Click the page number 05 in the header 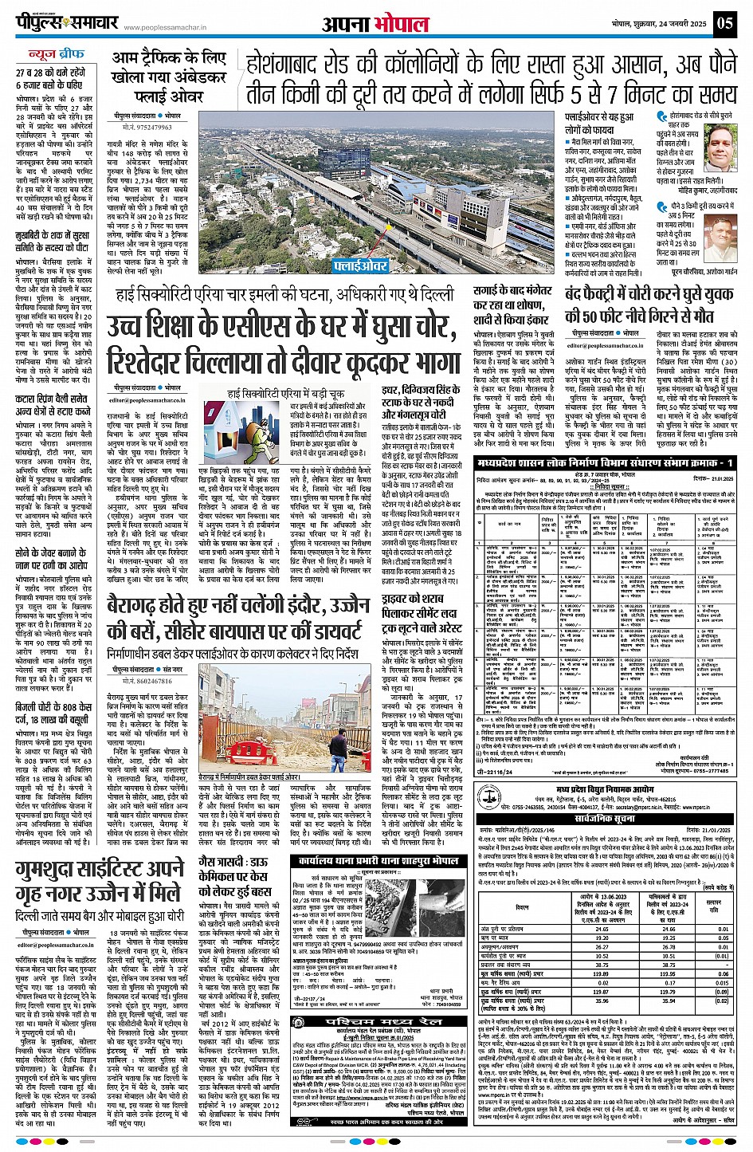(x=724, y=22)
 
